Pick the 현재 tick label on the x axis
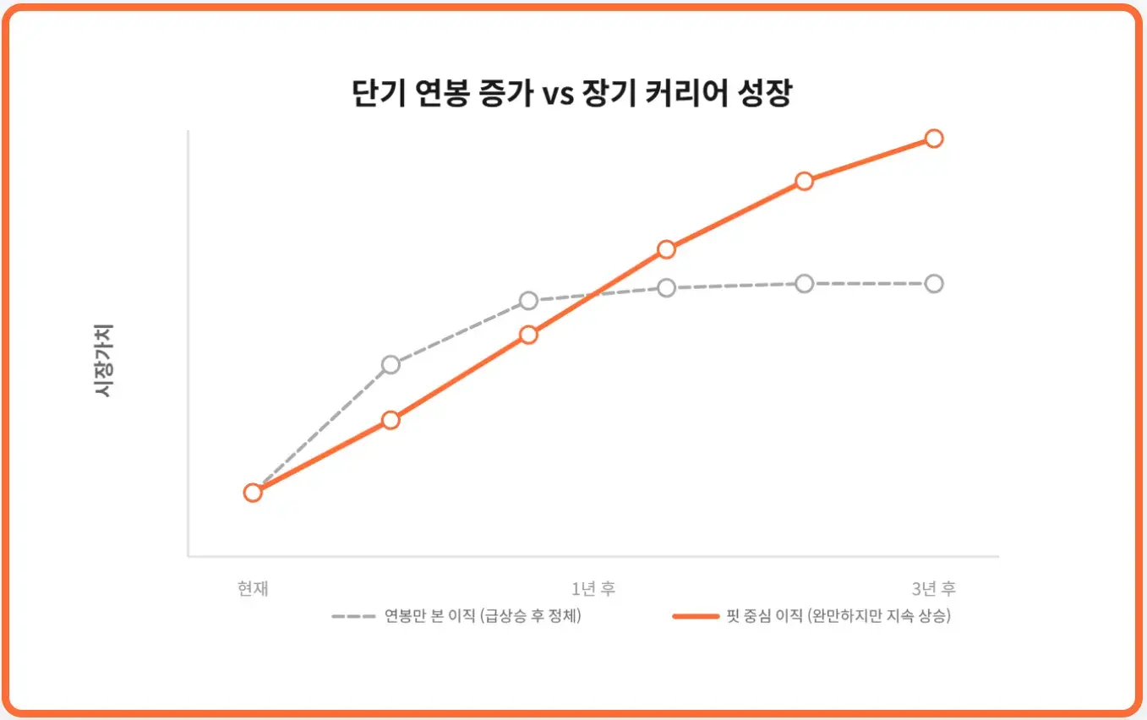coord(253,588)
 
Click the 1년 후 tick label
coord(593,588)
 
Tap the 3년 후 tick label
coord(933,588)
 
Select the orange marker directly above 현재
coord(252,493)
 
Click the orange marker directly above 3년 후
coord(933,139)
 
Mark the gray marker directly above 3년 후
coord(933,283)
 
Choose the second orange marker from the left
coord(390,420)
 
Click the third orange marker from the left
coord(528,335)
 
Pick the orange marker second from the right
coord(804,181)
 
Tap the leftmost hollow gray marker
coord(390,364)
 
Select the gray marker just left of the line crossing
coord(528,300)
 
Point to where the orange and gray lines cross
coord(598,293)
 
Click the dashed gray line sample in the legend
coord(352,616)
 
